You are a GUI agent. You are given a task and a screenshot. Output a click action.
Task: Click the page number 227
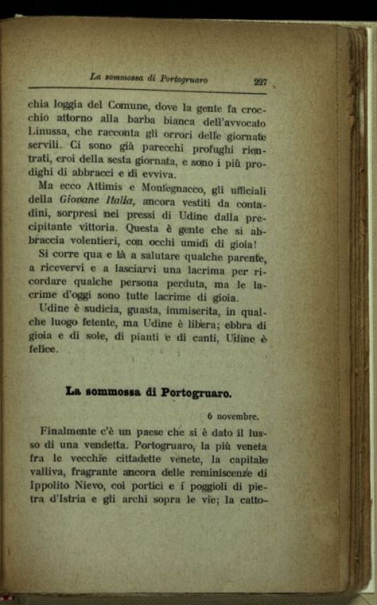coord(260,82)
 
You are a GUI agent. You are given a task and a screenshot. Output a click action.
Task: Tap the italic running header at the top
coord(149,78)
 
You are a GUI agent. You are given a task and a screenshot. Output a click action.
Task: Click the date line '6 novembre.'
coord(233,415)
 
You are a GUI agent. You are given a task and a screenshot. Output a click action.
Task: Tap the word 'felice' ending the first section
coord(43,350)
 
